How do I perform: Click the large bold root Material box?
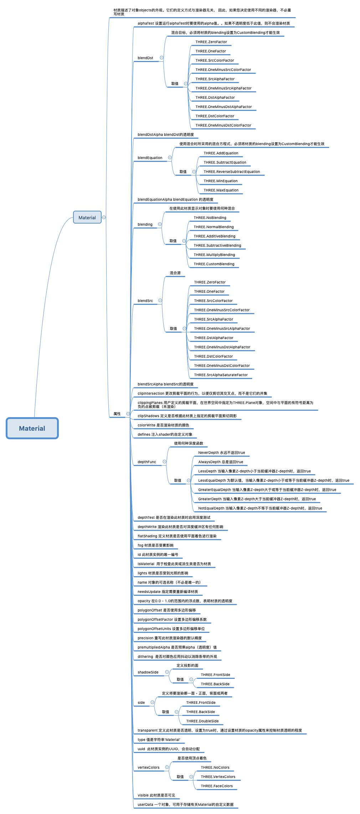pyautogui.click(x=32, y=428)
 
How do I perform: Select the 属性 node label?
pyautogui.click(x=117, y=414)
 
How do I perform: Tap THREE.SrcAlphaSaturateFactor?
pyautogui.click(x=221, y=375)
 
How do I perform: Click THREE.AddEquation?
pyautogui.click(x=221, y=153)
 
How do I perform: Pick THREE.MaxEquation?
pyautogui.click(x=221, y=190)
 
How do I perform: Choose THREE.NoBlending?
pyautogui.click(x=210, y=217)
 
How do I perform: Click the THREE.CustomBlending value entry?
pyautogui.click(x=214, y=264)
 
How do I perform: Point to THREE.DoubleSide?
pyautogui.click(x=202, y=721)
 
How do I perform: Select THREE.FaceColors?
pyautogui.click(x=216, y=786)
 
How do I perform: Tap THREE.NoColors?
pyautogui.click(x=215, y=767)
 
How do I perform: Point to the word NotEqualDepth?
pyautogui.click(x=211, y=508)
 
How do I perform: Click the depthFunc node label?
pyautogui.click(x=147, y=462)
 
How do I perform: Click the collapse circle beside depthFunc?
pyautogui.click(x=164, y=462)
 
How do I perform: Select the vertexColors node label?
pyautogui.click(x=149, y=767)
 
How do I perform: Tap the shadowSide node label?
pyautogui.click(x=148, y=672)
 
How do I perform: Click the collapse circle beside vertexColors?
pyautogui.click(x=167, y=767)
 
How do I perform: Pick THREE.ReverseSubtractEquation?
pyautogui.click(x=232, y=171)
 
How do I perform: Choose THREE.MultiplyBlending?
pyautogui.click(x=214, y=255)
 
